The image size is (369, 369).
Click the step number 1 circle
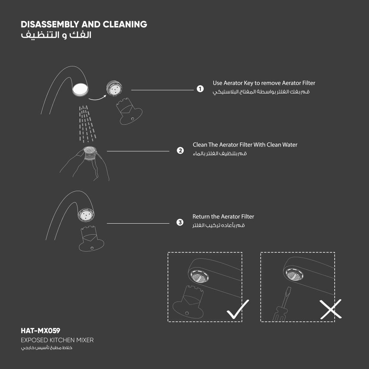coord(200,89)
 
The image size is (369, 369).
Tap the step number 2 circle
coord(180,151)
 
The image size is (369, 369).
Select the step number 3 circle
coord(180,223)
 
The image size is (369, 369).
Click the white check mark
coord(238,309)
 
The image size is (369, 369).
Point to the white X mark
coord(331,309)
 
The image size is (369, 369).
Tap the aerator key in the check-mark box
coord(189,302)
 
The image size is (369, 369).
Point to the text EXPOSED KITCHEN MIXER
coord(57,340)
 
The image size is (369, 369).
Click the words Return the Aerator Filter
coord(223,217)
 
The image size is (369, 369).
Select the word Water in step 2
coord(290,145)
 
